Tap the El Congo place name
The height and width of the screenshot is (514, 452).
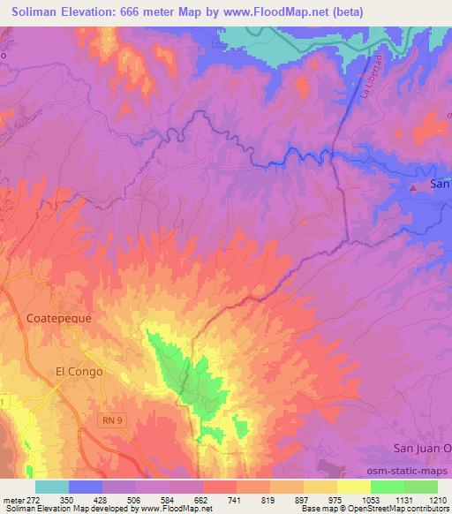coord(79,372)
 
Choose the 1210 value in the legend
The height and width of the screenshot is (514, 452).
coord(438,499)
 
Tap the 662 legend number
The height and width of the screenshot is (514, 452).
coord(203,499)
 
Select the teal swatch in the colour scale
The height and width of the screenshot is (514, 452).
coord(52,487)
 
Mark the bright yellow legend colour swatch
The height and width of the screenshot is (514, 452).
coord(353,487)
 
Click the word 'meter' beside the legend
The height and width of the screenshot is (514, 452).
coord(13,499)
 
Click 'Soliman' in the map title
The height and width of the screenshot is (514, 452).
coord(36,11)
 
